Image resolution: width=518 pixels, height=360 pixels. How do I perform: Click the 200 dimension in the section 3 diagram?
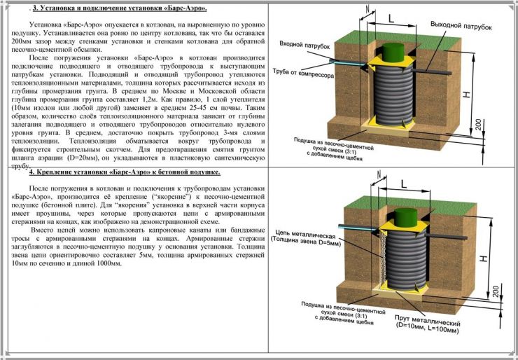tap(495, 125)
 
